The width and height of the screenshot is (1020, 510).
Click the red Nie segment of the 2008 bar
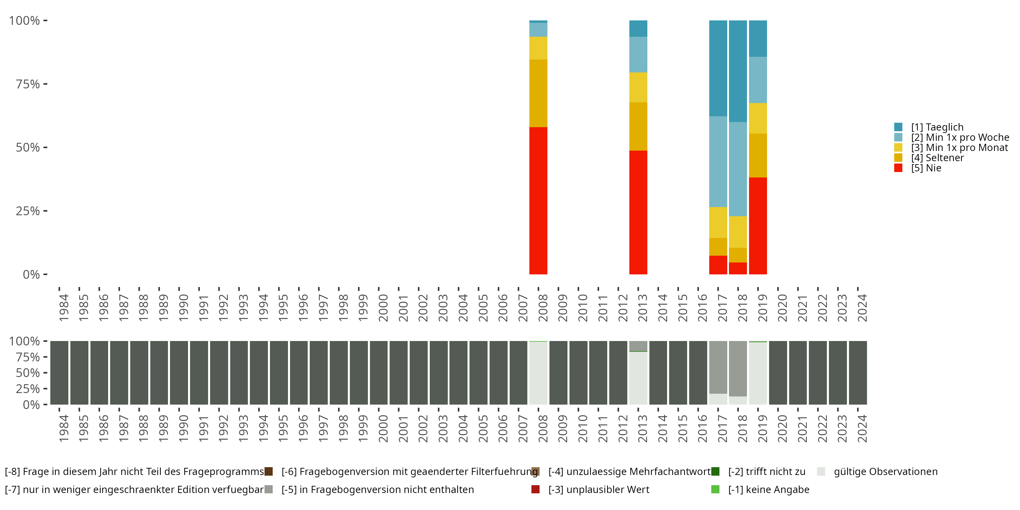(538, 200)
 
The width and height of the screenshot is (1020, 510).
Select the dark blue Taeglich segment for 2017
(718, 68)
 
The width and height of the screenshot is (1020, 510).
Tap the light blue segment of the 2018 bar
(738, 169)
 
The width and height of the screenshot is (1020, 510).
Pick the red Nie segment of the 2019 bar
(758, 226)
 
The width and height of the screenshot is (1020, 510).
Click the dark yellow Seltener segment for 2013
(638, 126)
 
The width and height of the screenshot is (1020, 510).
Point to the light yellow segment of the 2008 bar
(538, 48)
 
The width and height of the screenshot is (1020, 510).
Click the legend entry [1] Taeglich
(937, 127)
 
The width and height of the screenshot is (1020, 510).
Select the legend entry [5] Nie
(926, 168)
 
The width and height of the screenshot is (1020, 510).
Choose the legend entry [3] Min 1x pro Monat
(959, 148)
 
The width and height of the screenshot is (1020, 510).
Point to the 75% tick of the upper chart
(45, 84)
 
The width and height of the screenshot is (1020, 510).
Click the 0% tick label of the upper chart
(31, 274)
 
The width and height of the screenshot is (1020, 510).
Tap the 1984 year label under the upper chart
(63, 308)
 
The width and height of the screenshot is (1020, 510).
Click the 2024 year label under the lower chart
(862, 428)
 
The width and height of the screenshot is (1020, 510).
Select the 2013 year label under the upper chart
(642, 308)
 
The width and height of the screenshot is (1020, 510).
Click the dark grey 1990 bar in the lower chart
(179, 373)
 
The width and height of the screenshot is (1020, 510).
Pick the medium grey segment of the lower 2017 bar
(718, 367)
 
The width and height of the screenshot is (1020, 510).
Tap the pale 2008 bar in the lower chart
(538, 373)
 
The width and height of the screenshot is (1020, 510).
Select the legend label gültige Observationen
(885, 472)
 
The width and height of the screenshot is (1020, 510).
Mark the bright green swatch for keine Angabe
(715, 489)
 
